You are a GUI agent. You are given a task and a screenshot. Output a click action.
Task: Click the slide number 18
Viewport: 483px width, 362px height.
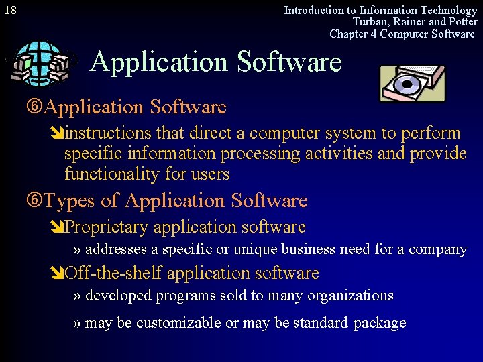click(x=11, y=10)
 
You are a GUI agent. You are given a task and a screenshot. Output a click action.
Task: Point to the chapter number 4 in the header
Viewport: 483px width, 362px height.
click(x=374, y=34)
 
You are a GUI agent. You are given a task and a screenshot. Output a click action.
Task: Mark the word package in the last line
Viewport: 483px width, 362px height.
click(x=380, y=322)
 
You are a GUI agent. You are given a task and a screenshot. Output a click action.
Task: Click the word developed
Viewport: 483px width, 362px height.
click(x=117, y=295)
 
